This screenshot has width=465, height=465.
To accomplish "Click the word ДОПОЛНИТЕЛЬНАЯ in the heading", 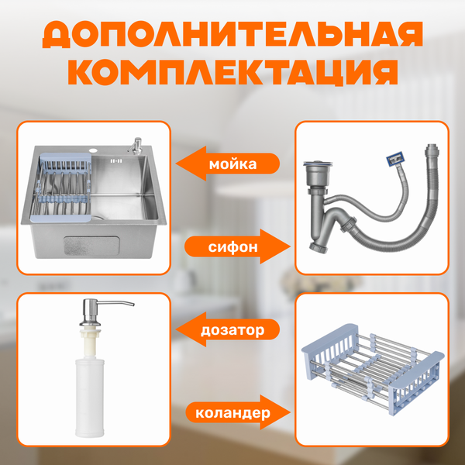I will coord(232,34).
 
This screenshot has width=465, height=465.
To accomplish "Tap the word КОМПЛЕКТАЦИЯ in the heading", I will coord(232,71).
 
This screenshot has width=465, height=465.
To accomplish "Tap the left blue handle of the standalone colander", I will coord(318,364).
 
